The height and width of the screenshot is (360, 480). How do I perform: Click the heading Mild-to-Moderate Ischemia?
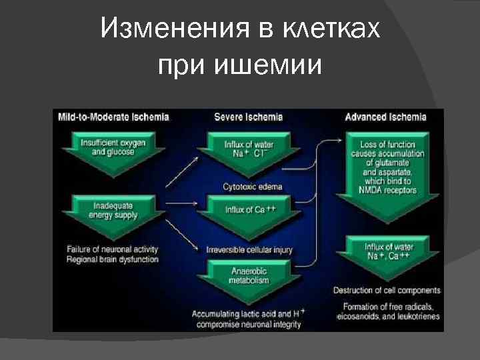113,117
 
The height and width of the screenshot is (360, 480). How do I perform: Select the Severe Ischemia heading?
248,117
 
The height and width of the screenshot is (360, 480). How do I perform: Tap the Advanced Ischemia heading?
385,117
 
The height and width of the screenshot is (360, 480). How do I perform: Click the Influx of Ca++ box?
249,210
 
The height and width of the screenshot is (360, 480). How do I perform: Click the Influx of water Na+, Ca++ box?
387,251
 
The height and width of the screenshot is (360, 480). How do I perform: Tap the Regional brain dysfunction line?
112,259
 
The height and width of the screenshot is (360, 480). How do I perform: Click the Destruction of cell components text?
387,290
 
